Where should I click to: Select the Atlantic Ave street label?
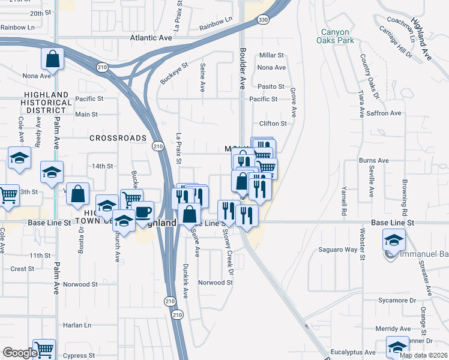(151, 37)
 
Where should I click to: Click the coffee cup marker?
(143, 212)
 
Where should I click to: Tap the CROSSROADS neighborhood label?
(118, 138)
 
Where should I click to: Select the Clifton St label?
(273, 124)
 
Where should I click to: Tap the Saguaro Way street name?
(337, 249)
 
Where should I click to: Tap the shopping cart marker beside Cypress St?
(44, 349)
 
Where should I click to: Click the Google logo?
(19, 353)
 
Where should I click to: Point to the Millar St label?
(271, 55)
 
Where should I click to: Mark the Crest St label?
(22, 269)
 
